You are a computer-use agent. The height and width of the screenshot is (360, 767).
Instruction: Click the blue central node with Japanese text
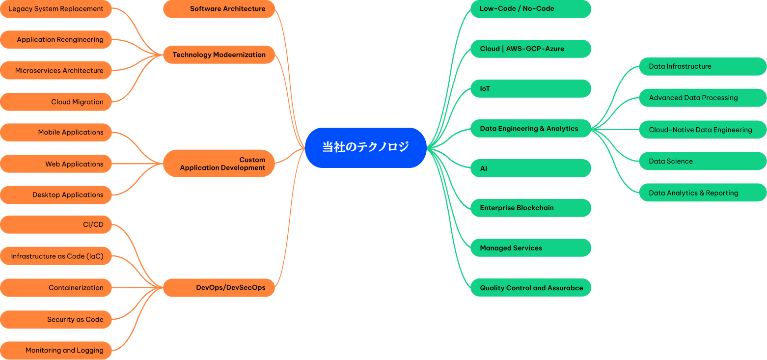pyautogui.click(x=365, y=147)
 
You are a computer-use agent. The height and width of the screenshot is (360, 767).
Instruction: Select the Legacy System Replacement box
pyautogui.click(x=56, y=9)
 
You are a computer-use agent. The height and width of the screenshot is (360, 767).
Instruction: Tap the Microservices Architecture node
pyautogui.click(x=56, y=70)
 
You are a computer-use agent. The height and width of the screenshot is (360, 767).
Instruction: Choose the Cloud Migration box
pyautogui.click(x=56, y=102)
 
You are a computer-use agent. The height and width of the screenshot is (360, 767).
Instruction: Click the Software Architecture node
pyautogui.click(x=219, y=9)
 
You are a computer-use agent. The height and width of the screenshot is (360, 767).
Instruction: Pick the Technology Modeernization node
pyautogui.click(x=219, y=55)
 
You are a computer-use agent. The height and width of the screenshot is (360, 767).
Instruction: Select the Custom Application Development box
pyautogui.click(x=219, y=164)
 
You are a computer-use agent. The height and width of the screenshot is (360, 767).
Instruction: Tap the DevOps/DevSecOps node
pyautogui.click(x=219, y=287)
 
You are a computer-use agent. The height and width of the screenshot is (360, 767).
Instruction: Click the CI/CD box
pyautogui.click(x=56, y=224)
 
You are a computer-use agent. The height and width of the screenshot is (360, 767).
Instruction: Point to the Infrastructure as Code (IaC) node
pyautogui.click(x=56, y=256)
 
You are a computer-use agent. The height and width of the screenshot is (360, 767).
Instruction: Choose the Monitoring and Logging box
pyautogui.click(x=56, y=350)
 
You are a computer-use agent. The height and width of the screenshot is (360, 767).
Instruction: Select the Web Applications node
pyautogui.click(x=56, y=164)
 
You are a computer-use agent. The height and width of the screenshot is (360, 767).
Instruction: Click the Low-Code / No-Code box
pyautogui.click(x=531, y=9)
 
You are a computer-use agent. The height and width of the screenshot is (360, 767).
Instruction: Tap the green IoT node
pyautogui.click(x=531, y=89)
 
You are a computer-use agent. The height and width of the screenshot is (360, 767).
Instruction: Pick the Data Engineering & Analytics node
pyautogui.click(x=531, y=129)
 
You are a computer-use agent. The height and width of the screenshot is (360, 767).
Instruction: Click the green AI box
pyautogui.click(x=531, y=168)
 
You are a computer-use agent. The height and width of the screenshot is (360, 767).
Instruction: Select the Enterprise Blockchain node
pyautogui.click(x=531, y=208)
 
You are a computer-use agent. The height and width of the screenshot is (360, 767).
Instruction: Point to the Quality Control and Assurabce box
pyautogui.click(x=531, y=288)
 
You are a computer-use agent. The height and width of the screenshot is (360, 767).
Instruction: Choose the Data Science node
pyautogui.click(x=703, y=161)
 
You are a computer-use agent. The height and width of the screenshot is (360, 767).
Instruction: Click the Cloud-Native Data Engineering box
pyautogui.click(x=703, y=130)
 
